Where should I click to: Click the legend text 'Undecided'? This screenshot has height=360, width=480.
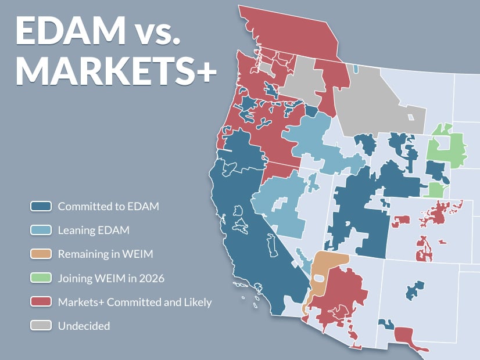pos(84,326)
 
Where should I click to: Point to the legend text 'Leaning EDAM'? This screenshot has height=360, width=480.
pos(94,231)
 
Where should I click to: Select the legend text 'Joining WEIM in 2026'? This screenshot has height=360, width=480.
pos(111,278)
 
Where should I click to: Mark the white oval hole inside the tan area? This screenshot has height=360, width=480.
pos(318,278)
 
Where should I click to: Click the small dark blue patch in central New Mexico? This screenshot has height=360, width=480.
pos(414,289)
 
